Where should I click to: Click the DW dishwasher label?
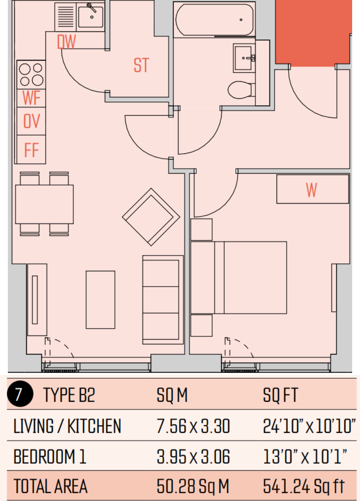point(66,41)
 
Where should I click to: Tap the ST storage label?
point(141,65)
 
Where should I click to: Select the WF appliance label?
point(31,98)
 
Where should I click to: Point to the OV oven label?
point(32,121)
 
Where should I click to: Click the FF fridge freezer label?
point(32,150)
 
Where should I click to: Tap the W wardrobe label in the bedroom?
point(311,190)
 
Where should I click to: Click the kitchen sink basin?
point(91,17)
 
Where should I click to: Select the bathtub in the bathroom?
point(214,19)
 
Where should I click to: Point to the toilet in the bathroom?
point(241,90)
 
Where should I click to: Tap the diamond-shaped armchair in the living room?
point(151,217)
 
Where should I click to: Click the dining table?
point(44,204)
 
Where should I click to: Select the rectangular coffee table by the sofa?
point(100,300)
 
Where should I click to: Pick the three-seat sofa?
point(163,300)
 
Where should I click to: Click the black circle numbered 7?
point(20,394)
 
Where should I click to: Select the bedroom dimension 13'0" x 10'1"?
point(305,457)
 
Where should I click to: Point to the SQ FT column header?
point(280,395)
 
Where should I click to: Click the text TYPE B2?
point(69,395)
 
